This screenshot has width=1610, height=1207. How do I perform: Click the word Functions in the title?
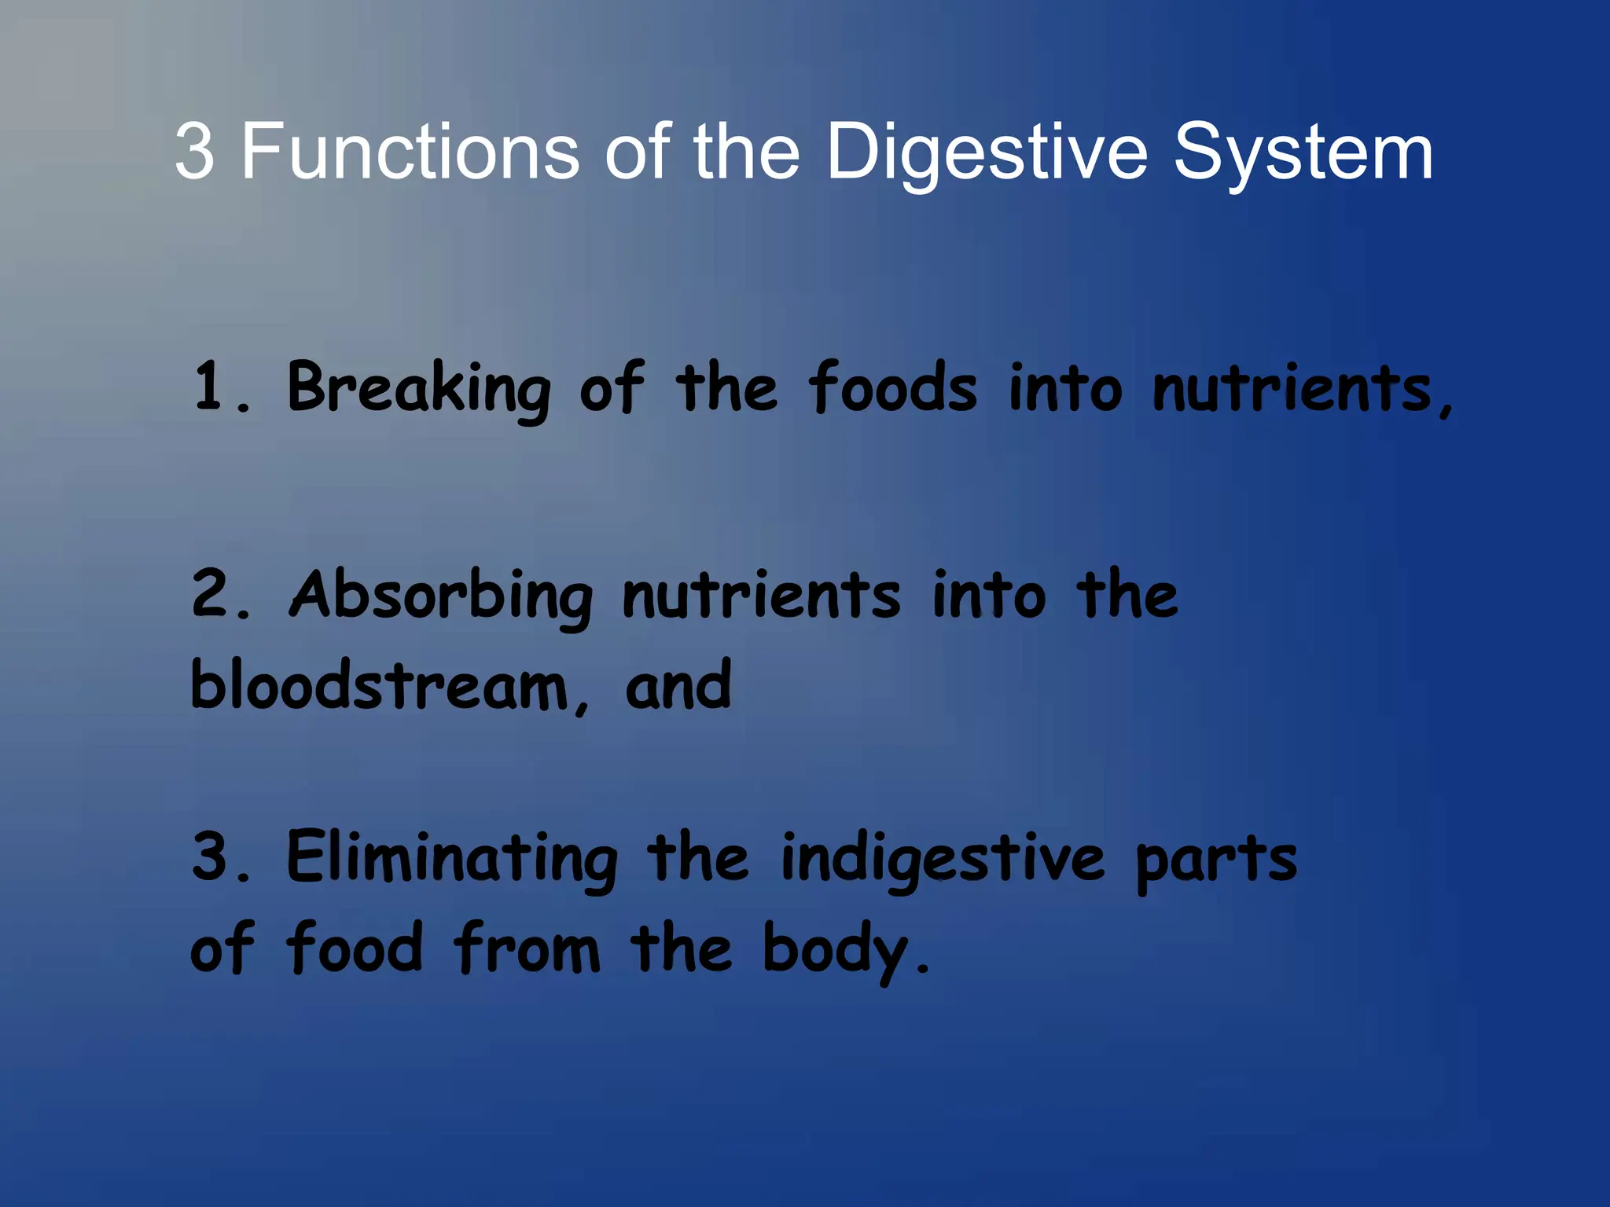(410, 151)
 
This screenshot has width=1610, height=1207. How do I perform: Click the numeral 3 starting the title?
(194, 151)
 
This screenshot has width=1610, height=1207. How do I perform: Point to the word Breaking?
(419, 388)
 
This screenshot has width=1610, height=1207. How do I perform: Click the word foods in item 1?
(893, 388)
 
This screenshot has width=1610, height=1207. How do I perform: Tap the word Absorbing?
(441, 596)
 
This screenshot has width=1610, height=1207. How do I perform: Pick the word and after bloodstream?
(678, 686)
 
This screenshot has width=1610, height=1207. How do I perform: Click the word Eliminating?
(452, 859)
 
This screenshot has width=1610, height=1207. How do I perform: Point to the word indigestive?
(943, 859)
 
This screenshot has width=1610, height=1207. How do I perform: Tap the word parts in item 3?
(1216, 859)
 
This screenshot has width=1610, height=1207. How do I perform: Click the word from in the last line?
(527, 948)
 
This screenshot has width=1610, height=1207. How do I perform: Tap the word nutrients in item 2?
(761, 596)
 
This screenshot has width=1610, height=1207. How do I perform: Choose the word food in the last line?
(355, 948)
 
